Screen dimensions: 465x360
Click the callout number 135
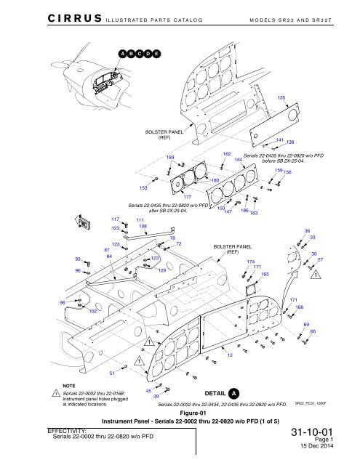[x=281, y=97]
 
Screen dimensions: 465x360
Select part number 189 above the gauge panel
[x=170, y=158]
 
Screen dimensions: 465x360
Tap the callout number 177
[x=187, y=197]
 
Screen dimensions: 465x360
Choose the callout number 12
[x=230, y=355]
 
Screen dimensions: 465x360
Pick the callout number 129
[x=162, y=270]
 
